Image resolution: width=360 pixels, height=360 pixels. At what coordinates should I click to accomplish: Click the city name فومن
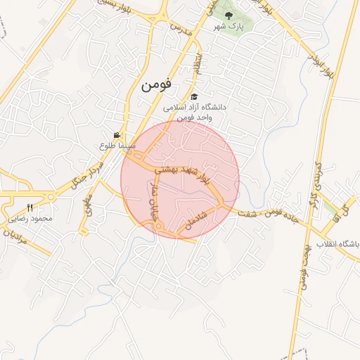click(x=156, y=85)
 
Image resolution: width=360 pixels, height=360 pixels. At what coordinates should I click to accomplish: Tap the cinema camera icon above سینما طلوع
click(x=117, y=135)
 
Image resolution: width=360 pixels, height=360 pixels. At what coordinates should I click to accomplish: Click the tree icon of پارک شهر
click(x=229, y=14)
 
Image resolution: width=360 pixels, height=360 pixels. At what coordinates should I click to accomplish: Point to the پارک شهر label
click(x=229, y=26)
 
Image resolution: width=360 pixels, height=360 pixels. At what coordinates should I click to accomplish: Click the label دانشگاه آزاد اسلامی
click(x=194, y=108)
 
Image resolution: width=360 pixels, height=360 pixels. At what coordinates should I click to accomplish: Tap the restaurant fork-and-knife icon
click(x=29, y=207)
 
